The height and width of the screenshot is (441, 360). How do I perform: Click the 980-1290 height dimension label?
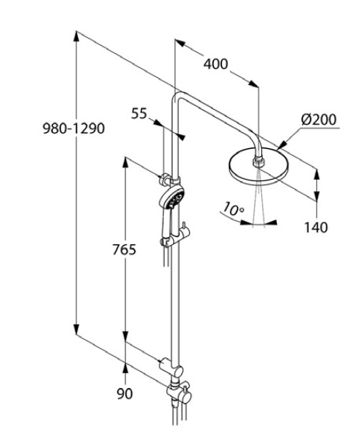click(x=74, y=129)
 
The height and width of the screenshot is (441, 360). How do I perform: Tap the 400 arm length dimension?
click(x=215, y=64)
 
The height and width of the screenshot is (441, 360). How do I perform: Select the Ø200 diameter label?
click(x=318, y=120)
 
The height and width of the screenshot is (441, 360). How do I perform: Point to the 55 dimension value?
click(x=139, y=112)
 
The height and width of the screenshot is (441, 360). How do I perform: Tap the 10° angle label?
click(x=233, y=210)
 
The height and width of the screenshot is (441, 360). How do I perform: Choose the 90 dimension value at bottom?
click(x=125, y=393)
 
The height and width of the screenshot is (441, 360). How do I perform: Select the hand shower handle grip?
click(x=165, y=228)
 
